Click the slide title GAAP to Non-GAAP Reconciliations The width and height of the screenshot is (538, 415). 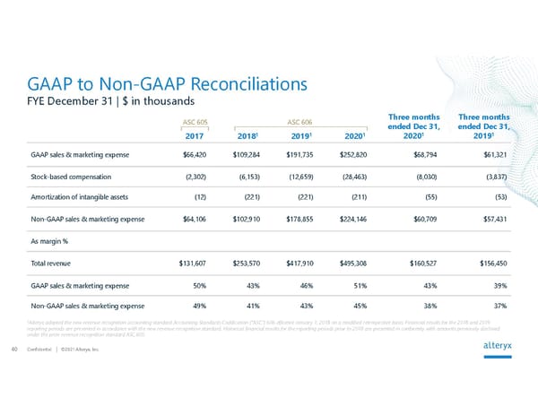(x=169, y=84)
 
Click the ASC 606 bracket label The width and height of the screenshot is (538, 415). (x=299, y=122)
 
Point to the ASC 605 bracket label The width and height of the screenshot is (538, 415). (x=195, y=122)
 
